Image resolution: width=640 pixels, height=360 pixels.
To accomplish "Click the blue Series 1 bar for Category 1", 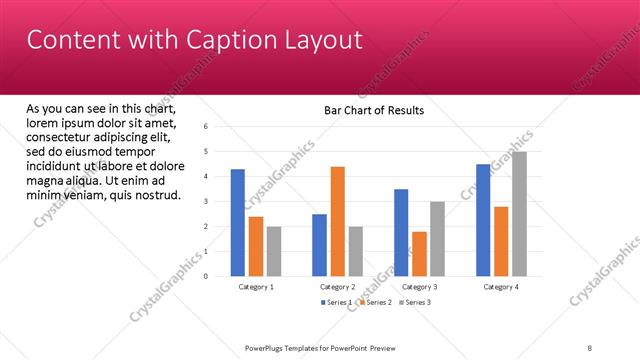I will click(x=237, y=223).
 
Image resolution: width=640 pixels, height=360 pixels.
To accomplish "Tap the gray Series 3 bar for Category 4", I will click(x=519, y=214).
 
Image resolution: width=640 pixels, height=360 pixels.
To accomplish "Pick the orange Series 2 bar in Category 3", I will click(x=419, y=254).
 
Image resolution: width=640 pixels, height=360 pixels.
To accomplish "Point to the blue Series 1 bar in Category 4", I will click(x=483, y=220).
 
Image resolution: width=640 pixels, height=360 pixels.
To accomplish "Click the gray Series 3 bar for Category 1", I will click(x=274, y=251).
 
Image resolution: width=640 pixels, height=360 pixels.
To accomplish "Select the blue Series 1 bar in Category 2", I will click(x=319, y=245).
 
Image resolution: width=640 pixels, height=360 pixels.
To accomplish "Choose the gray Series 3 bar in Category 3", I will click(x=437, y=239).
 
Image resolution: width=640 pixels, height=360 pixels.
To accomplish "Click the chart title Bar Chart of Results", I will click(x=374, y=110).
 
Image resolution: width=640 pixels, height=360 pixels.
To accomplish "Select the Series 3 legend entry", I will click(x=415, y=302).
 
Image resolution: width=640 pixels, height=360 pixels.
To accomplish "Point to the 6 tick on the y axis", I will click(x=204, y=127).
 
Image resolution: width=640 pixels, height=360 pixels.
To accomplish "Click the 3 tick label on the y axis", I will click(x=204, y=202).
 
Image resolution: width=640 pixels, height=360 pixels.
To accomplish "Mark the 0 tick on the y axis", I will click(x=204, y=277).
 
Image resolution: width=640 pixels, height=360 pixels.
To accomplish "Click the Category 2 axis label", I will click(x=338, y=287).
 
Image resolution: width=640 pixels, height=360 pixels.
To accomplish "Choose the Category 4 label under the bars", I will click(x=501, y=287).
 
